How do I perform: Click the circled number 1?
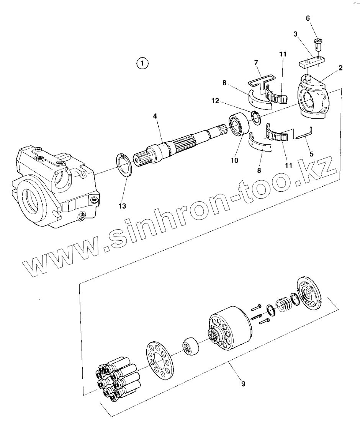142,63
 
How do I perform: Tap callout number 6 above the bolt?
308,18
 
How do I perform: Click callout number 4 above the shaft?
155,115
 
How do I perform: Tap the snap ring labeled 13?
124,165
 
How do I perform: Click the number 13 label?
122,206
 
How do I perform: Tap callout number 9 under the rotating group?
243,383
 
